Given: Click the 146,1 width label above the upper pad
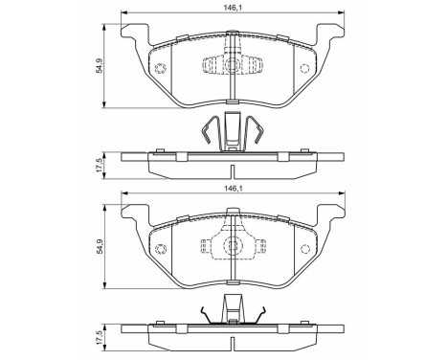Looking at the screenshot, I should (232, 6).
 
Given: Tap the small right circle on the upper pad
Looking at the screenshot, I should (305, 68).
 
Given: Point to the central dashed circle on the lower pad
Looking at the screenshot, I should (232, 246).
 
